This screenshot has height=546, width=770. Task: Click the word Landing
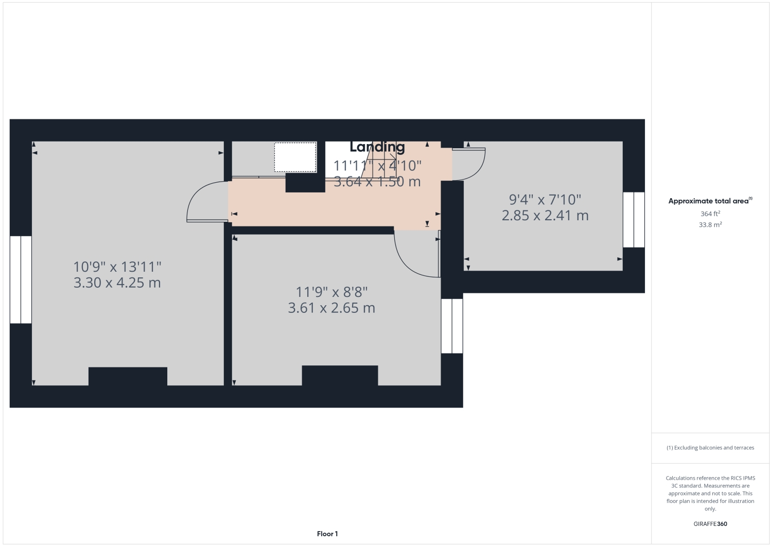[377, 147]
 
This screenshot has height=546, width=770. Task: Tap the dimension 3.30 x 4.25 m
[117, 283]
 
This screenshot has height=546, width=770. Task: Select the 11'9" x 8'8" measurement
[331, 292]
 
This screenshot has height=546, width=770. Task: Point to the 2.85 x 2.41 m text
[545, 215]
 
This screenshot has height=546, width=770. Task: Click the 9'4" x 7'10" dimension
[545, 199]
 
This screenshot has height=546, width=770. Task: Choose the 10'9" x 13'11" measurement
[117, 267]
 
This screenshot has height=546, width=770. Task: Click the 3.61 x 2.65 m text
[331, 308]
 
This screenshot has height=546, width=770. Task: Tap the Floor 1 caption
[327, 534]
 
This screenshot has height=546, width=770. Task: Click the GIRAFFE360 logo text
[710, 524]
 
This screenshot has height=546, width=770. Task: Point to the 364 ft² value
[710, 214]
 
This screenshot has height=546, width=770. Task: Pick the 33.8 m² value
[710, 225]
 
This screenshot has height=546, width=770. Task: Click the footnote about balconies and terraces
[710, 448]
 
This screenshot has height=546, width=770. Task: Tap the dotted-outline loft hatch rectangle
[295, 157]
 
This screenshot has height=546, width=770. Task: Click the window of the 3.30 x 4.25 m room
[21, 279]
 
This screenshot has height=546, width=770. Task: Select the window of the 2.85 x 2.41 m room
[634, 220]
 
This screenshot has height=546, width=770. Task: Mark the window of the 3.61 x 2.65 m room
[452, 326]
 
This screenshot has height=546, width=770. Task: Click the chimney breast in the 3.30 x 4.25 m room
[128, 376]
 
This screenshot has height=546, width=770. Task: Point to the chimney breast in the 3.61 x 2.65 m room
[340, 375]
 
